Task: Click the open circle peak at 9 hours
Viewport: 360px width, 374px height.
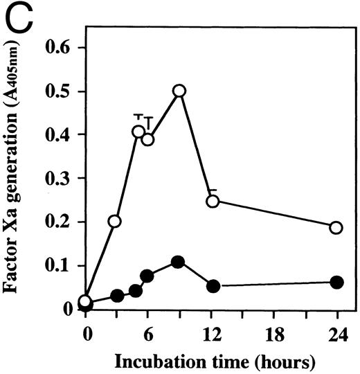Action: (x=179, y=91)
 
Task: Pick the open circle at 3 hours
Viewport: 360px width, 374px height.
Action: (x=115, y=222)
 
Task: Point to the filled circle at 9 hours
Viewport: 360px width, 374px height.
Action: (x=178, y=262)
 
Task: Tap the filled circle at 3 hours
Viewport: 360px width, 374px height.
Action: (x=117, y=296)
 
